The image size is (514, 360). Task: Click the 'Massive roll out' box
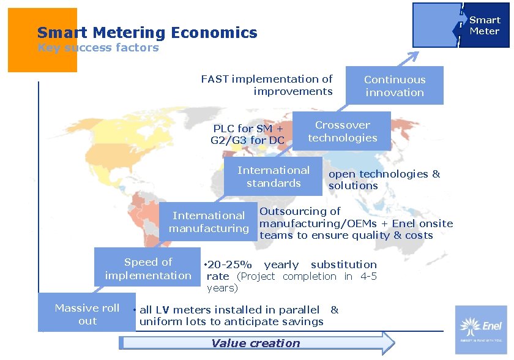86,313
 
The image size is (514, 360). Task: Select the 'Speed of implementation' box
147,268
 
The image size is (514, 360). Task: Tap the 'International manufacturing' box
209,222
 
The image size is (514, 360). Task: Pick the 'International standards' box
274,176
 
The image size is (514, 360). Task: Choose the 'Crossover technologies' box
342,131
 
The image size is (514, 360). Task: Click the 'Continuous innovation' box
394,86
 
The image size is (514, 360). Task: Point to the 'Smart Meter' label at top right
484,25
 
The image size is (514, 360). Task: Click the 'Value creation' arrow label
256,343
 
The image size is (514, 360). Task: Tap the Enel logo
481,329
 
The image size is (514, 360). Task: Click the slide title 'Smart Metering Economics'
147,32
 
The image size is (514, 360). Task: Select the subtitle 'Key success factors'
98,48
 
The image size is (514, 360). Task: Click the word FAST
215,79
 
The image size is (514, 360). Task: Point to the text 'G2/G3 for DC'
247,140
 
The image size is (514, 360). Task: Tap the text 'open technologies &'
384,174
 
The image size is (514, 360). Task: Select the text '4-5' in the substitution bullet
368,276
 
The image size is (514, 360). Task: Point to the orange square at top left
42,40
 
